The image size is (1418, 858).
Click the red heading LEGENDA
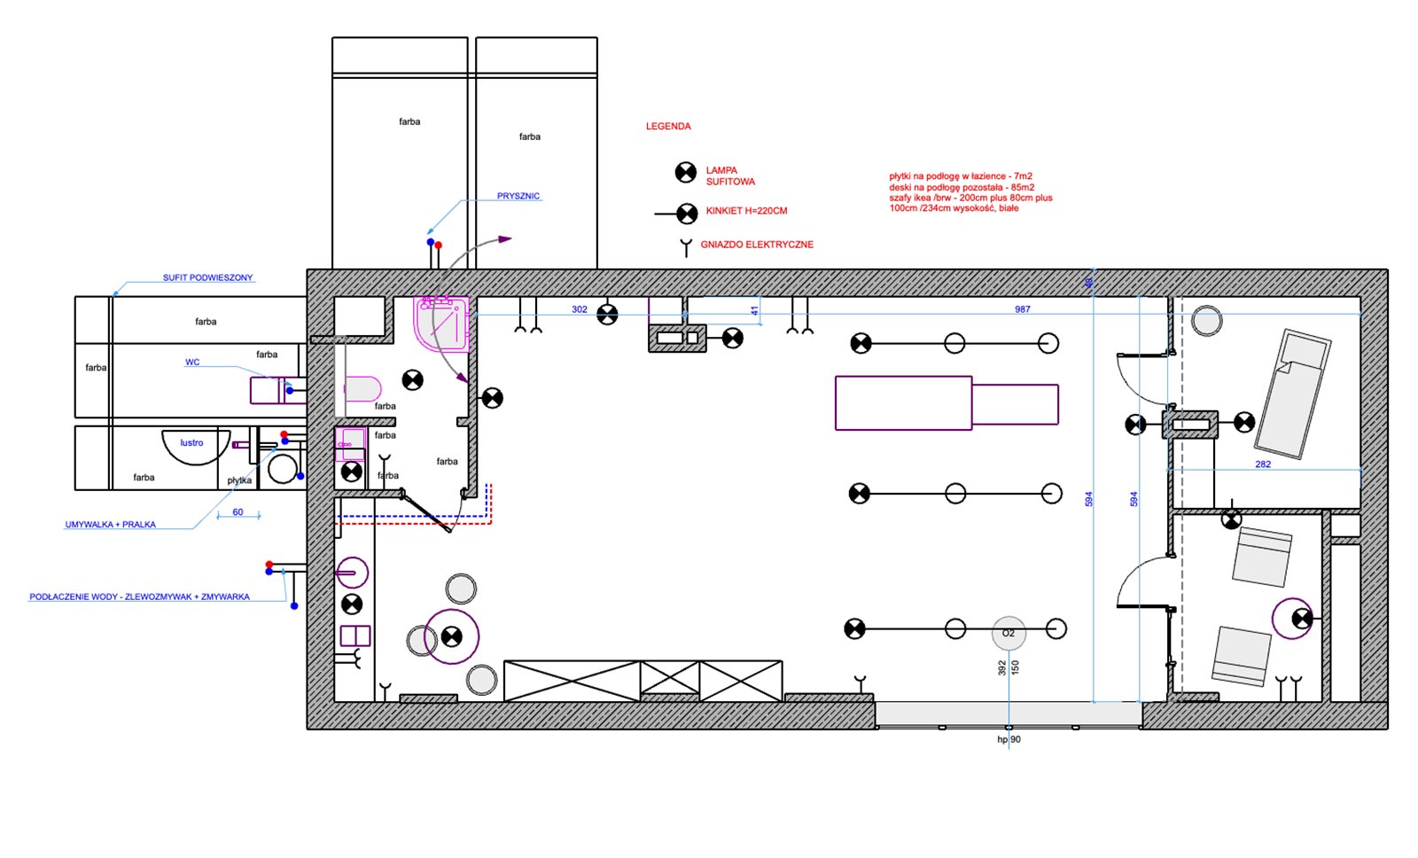point(668,126)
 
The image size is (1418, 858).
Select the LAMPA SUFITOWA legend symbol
point(686,172)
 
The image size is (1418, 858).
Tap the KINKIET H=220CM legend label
point(746,211)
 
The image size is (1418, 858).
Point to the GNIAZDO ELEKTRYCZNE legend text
point(757,245)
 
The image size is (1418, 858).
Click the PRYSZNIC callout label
point(518,196)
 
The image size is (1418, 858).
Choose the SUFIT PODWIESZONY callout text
point(207,277)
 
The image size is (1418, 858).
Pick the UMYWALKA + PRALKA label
point(110,525)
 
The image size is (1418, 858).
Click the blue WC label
point(191,363)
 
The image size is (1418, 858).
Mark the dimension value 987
point(1023,309)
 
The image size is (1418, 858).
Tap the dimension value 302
point(580,309)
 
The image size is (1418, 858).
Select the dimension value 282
point(1263,464)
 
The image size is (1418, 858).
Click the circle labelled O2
point(1009,633)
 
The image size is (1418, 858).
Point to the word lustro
point(191,442)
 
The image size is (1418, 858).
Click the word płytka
point(239,480)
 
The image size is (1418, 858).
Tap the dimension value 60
point(238,512)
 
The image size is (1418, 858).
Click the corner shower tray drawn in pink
point(442,323)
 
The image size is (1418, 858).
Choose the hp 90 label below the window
point(1009,739)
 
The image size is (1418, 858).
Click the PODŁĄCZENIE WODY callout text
point(139,597)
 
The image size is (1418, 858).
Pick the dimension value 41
point(754,311)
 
